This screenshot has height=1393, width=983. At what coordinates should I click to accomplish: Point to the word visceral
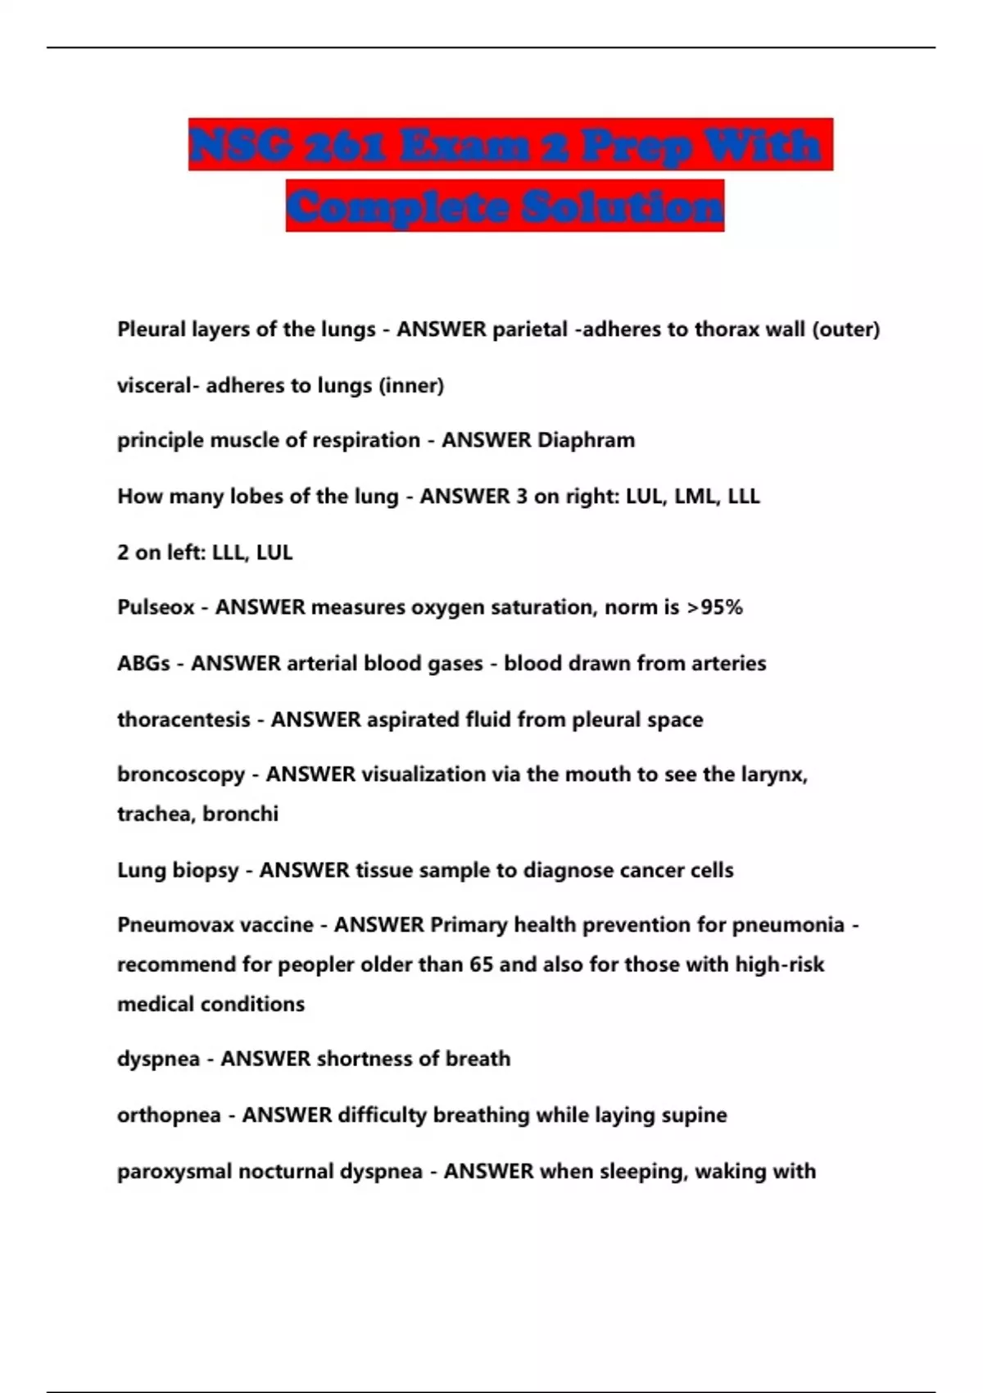coord(153,385)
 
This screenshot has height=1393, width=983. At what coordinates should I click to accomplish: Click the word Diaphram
coord(586,440)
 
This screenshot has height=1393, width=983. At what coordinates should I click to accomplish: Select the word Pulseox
coord(156,608)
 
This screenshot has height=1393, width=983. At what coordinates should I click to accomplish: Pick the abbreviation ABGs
coord(144,664)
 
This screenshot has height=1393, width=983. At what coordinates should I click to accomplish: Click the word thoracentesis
coord(183,719)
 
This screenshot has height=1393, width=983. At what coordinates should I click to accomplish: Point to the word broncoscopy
coord(181,775)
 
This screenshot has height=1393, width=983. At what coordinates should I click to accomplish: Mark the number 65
coord(482,964)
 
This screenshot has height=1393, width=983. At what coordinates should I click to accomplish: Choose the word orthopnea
coord(169,1115)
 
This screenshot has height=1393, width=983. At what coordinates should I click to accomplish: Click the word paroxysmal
coord(174,1172)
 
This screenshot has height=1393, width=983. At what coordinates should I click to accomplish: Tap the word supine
coord(695,1115)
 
